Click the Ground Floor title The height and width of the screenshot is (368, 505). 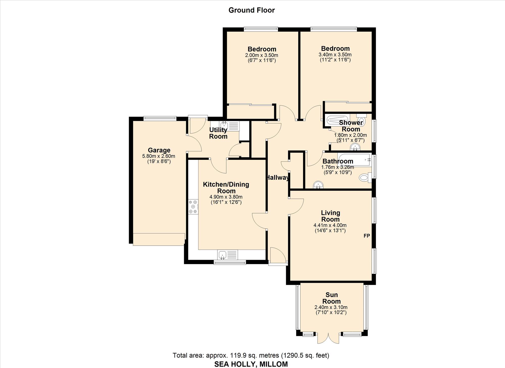251,10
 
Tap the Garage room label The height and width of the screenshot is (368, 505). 159,150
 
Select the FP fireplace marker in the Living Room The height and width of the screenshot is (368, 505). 367,236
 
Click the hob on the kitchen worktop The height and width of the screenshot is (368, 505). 193,206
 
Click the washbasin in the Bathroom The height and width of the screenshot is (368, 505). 318,185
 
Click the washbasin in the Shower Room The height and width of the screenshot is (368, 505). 355,147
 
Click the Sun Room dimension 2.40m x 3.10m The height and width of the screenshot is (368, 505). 331,307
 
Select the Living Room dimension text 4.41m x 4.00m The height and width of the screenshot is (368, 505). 330,225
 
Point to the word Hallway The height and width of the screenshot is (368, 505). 278,178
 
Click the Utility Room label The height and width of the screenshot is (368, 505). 218,133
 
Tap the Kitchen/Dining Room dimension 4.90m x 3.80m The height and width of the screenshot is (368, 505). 226,197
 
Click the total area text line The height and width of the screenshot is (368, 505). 251,355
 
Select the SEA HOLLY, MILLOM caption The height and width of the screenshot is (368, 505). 251,364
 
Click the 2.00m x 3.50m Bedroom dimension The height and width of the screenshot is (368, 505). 262,55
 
